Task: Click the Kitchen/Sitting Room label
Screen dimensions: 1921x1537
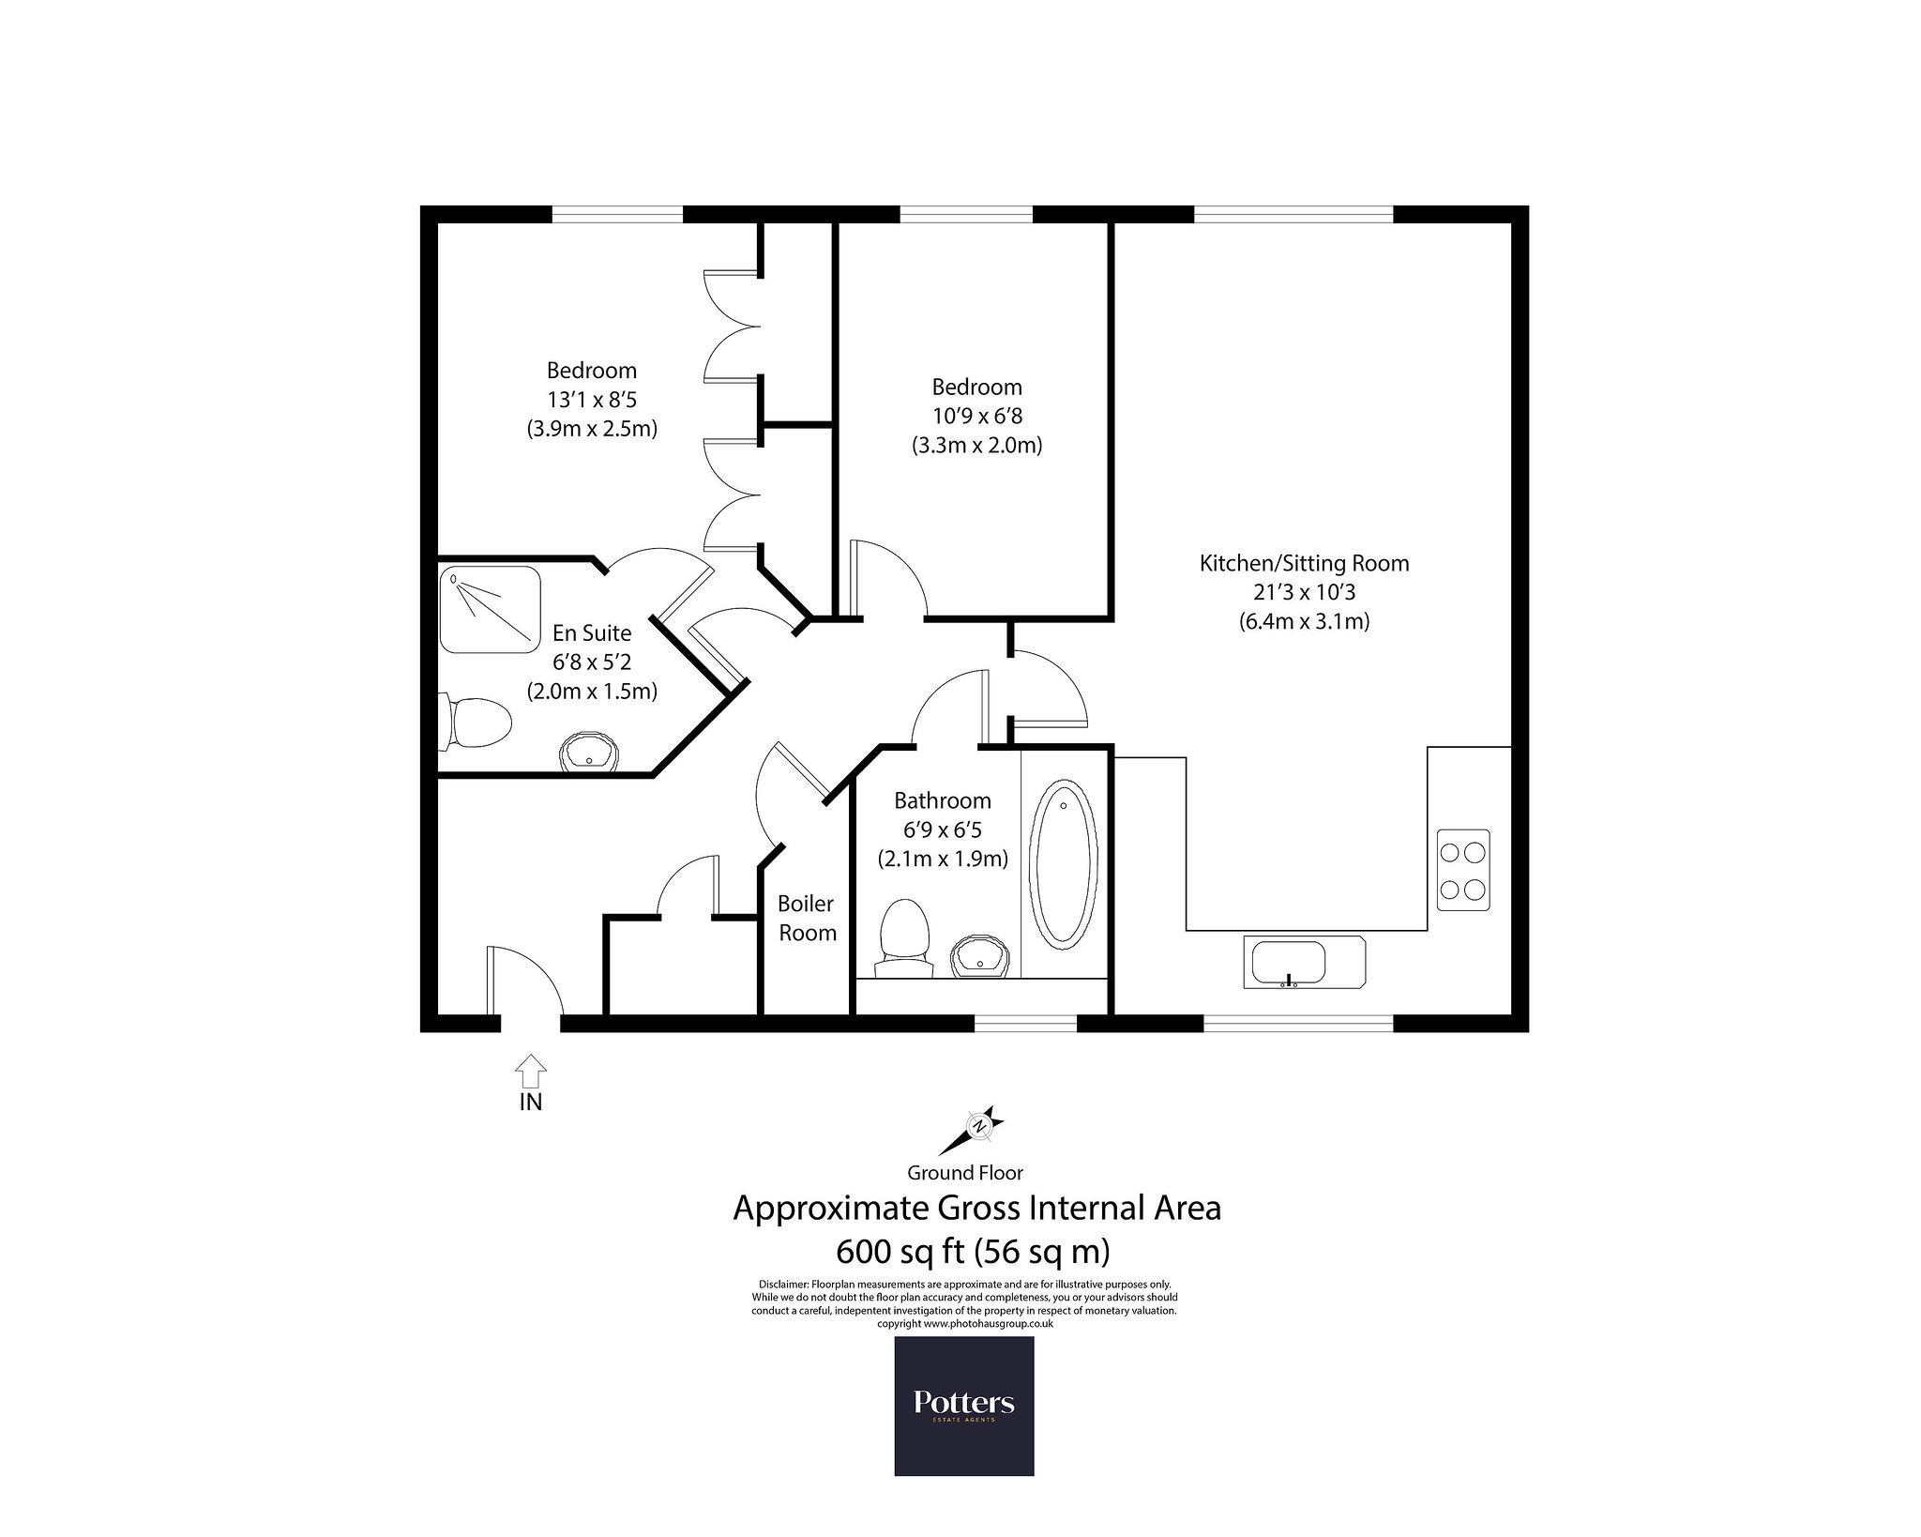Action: click(x=1304, y=564)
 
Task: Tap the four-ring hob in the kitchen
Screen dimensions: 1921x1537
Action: click(x=1463, y=870)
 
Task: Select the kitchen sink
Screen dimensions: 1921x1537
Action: click(x=1304, y=962)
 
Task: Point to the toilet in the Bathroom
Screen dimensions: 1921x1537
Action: click(x=904, y=938)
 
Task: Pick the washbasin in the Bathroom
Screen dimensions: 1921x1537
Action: click(x=980, y=956)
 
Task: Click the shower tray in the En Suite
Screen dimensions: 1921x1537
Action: click(x=491, y=609)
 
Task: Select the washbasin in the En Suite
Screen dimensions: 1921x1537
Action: click(x=590, y=751)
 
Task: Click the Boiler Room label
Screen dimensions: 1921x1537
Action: click(x=807, y=918)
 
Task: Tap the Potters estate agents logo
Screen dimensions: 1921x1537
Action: click(x=964, y=1406)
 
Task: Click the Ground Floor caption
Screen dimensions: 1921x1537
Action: click(x=965, y=1173)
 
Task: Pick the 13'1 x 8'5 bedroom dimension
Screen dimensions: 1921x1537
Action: click(x=592, y=400)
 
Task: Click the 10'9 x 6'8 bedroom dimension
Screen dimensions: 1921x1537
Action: click(x=976, y=416)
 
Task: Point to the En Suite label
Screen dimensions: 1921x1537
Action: click(x=592, y=633)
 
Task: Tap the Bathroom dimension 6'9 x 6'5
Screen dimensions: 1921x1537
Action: click(x=943, y=829)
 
